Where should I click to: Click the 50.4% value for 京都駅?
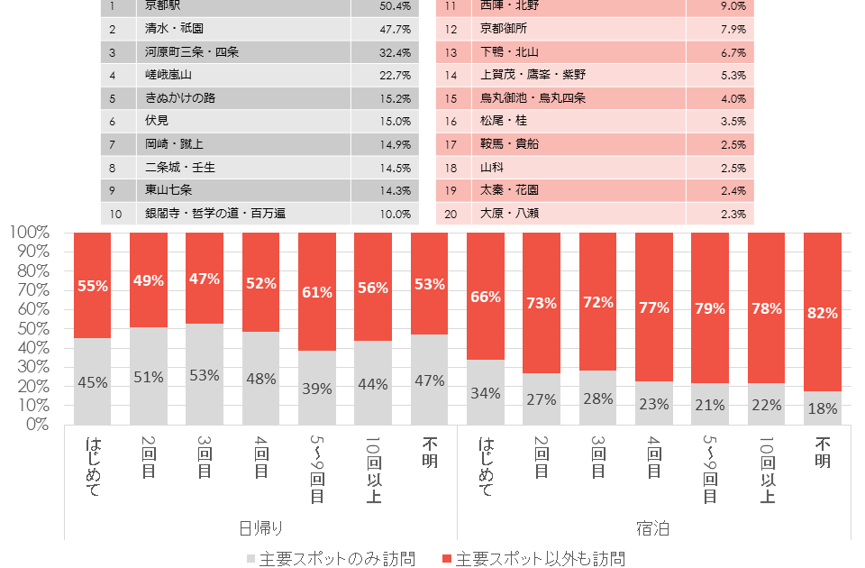[x=396, y=6]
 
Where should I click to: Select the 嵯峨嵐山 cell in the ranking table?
[x=168, y=75]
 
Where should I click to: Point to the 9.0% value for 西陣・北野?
[x=733, y=6]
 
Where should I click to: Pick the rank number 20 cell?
[x=450, y=214]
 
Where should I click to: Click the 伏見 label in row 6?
[x=157, y=121]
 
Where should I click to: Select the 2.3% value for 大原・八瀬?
[x=733, y=214]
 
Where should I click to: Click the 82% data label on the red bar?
[x=823, y=314]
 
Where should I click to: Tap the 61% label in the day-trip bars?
[x=316, y=290]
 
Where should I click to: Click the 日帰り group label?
[x=260, y=527]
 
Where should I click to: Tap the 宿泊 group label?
[x=653, y=527]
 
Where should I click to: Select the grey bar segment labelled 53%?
[x=205, y=375]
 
